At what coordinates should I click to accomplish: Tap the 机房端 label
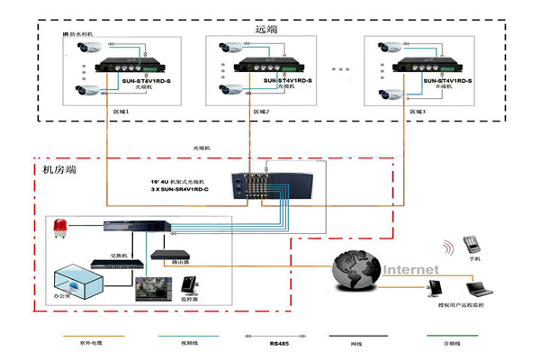coord(58,168)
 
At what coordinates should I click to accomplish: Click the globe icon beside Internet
coord(356,269)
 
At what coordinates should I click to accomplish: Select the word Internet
coord(411,269)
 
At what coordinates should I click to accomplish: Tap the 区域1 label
coord(121,112)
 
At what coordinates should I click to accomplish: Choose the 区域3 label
coord(418,112)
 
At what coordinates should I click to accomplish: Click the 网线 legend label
coord(356,343)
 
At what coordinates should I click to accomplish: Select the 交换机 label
coord(119,255)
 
